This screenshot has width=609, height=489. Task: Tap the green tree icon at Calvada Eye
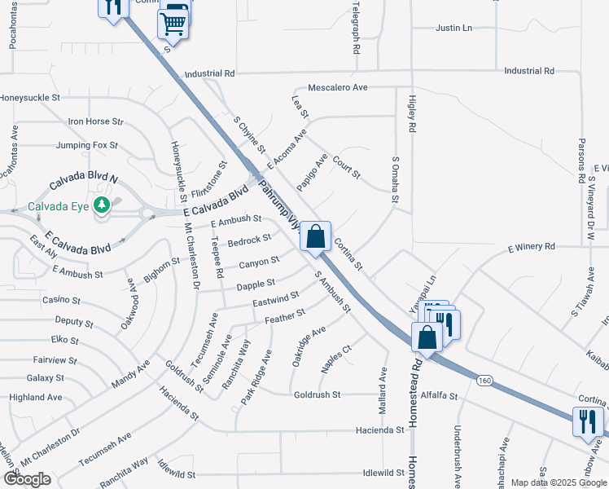(102, 205)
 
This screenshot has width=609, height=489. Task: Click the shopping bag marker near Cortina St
(317, 237)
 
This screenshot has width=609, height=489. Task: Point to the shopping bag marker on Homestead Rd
(427, 337)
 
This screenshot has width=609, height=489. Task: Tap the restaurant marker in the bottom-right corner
(588, 421)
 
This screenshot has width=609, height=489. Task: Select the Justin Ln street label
(454, 28)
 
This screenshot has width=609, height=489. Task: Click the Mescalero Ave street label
(338, 86)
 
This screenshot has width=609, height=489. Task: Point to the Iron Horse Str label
(95, 121)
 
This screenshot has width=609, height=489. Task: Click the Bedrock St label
(249, 240)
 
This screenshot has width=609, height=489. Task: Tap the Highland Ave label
(36, 397)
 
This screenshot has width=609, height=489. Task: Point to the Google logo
(27, 479)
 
